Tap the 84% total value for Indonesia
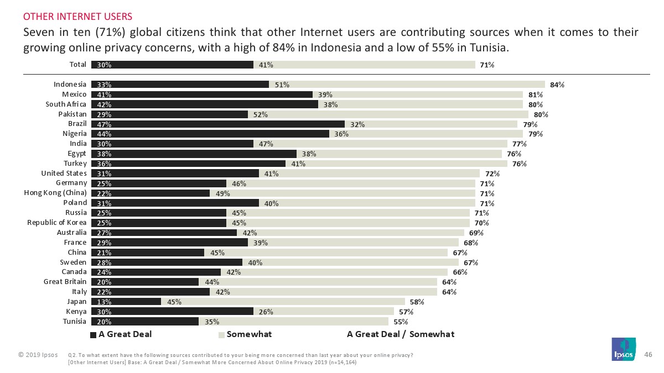557,85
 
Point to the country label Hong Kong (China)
55,193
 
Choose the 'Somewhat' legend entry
249,334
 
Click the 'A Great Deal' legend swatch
93,334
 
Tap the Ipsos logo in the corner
622,349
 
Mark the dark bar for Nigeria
210,134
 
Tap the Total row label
77,65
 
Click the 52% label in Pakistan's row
261,114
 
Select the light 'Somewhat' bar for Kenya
324,312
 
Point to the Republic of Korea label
57,223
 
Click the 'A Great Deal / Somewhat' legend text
400,334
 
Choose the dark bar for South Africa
205,104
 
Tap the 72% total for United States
485,174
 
